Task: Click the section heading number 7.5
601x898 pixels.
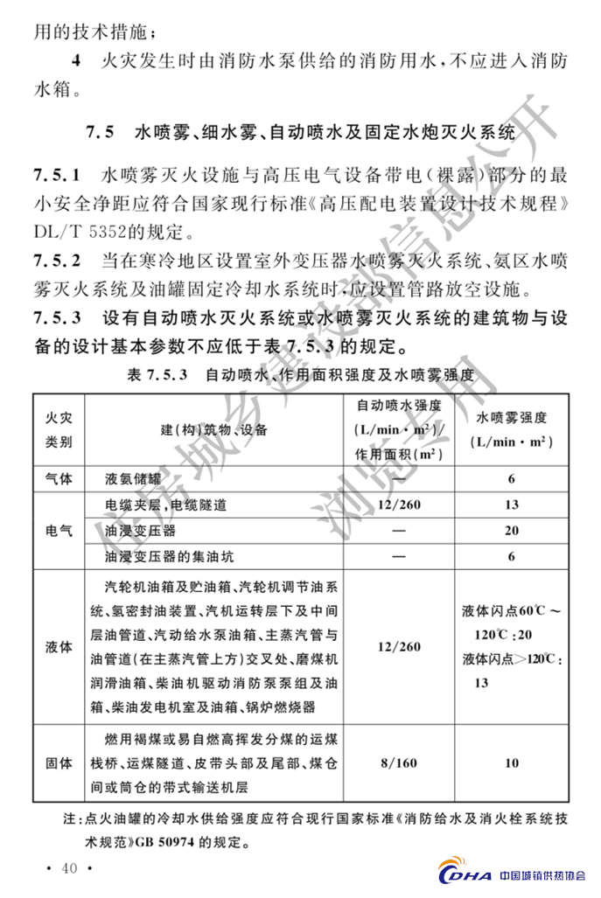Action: point(101,135)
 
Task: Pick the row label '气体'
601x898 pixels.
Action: point(59,479)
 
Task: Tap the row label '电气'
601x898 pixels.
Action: point(59,531)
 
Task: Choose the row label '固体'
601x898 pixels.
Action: point(59,762)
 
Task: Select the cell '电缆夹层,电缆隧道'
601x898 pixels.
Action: point(165,505)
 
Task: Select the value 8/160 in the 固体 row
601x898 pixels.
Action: point(398,762)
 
